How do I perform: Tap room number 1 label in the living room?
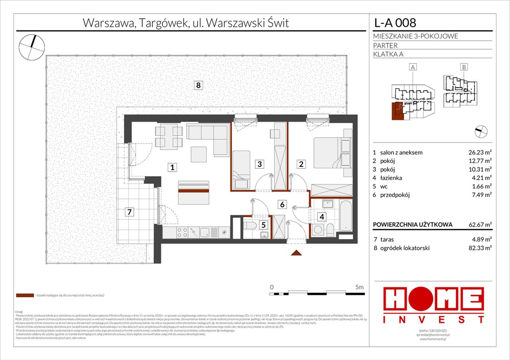click(x=173, y=166)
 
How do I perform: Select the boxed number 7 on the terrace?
click(x=129, y=212)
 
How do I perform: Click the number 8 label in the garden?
click(x=199, y=85)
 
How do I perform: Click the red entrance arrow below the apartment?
click(x=296, y=253)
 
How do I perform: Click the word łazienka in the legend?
click(x=391, y=178)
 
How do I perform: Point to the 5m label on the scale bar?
click(x=360, y=286)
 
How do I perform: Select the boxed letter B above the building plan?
click(x=464, y=67)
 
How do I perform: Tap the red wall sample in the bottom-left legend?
click(x=24, y=296)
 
